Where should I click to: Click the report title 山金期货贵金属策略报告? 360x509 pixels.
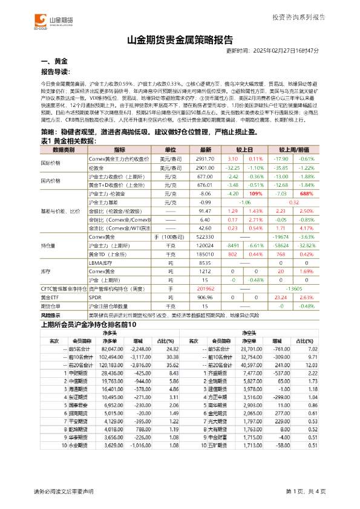click(x=180, y=41)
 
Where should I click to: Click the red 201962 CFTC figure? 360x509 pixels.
click(x=206, y=290)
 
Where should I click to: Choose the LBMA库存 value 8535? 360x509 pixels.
click(x=206, y=264)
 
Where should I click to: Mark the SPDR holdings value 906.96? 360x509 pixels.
click(x=206, y=298)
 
